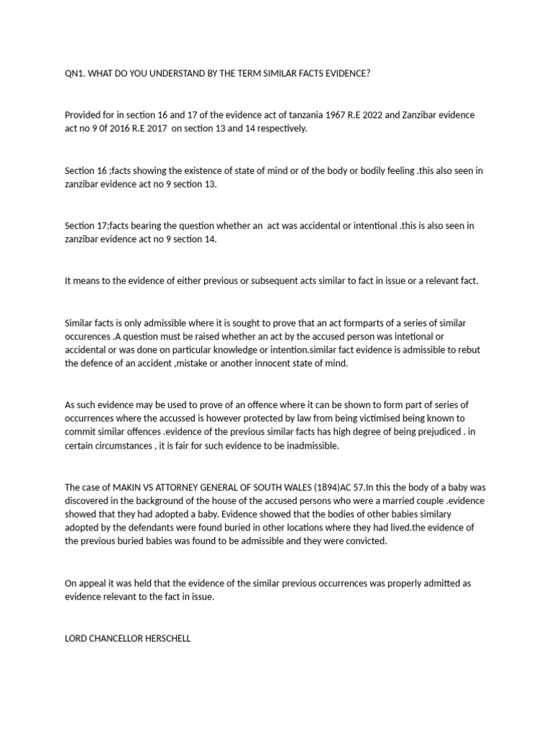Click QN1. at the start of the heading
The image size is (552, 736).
(x=75, y=73)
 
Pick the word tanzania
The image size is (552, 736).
(x=324, y=115)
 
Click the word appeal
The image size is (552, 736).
(x=92, y=583)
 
